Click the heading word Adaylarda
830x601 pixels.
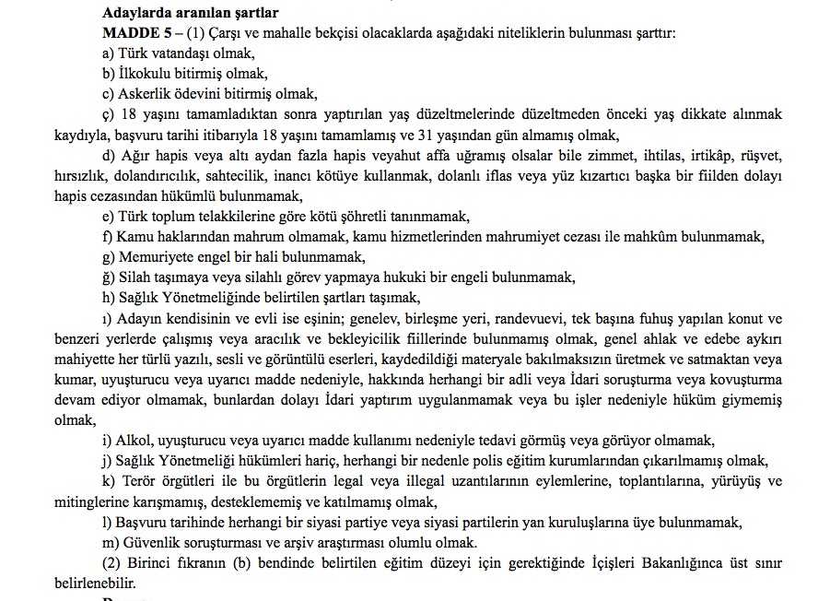[x=135, y=13]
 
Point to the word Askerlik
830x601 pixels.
[x=146, y=93]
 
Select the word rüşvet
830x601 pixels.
[x=759, y=155]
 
